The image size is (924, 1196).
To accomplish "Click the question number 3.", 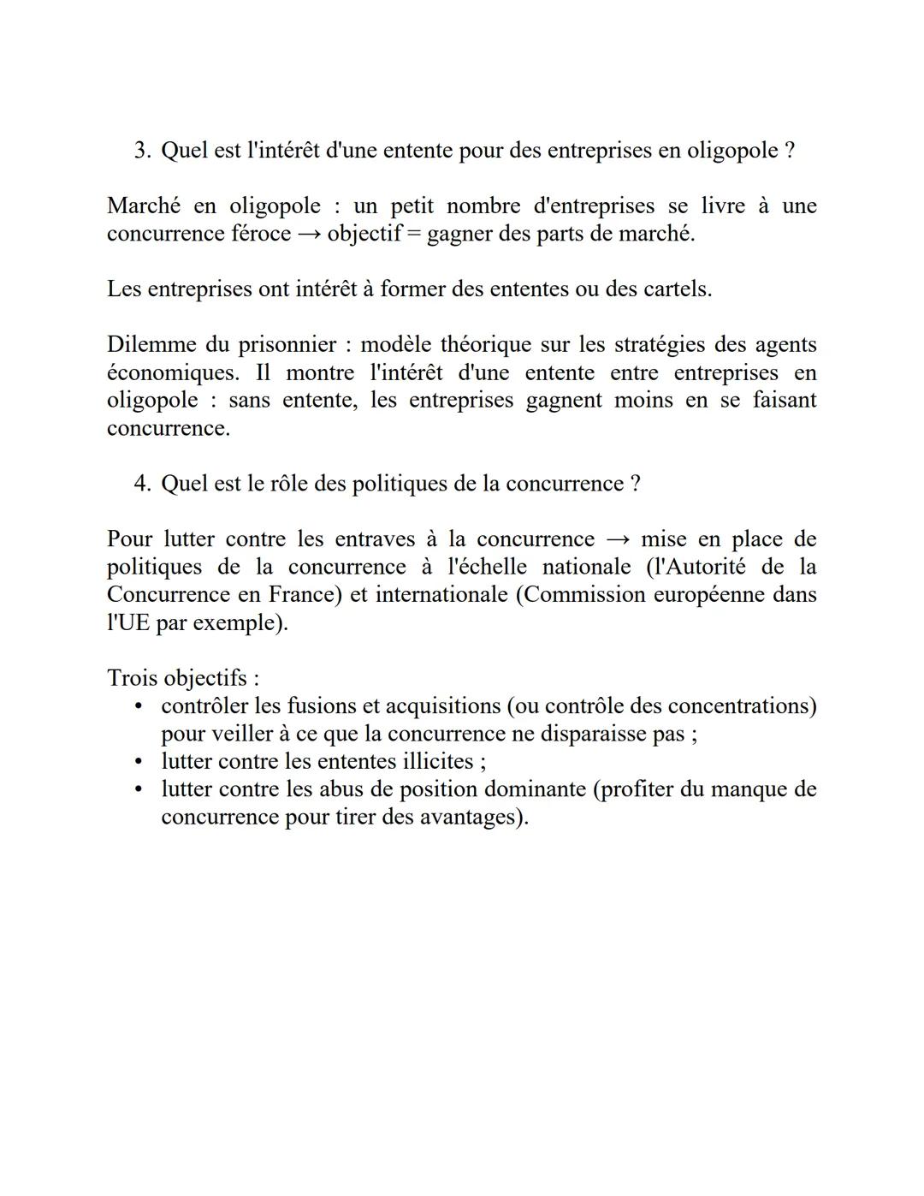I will [x=141, y=152].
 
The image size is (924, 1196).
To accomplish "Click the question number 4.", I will [x=141, y=485].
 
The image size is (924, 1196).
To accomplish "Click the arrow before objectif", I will [x=309, y=235].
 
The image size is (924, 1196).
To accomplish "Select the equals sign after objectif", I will [x=413, y=235].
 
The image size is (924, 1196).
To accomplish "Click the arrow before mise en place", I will [x=618, y=540].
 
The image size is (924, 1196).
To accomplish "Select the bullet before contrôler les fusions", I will [x=138, y=707].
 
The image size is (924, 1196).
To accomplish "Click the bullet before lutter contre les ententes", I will [x=138, y=762].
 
